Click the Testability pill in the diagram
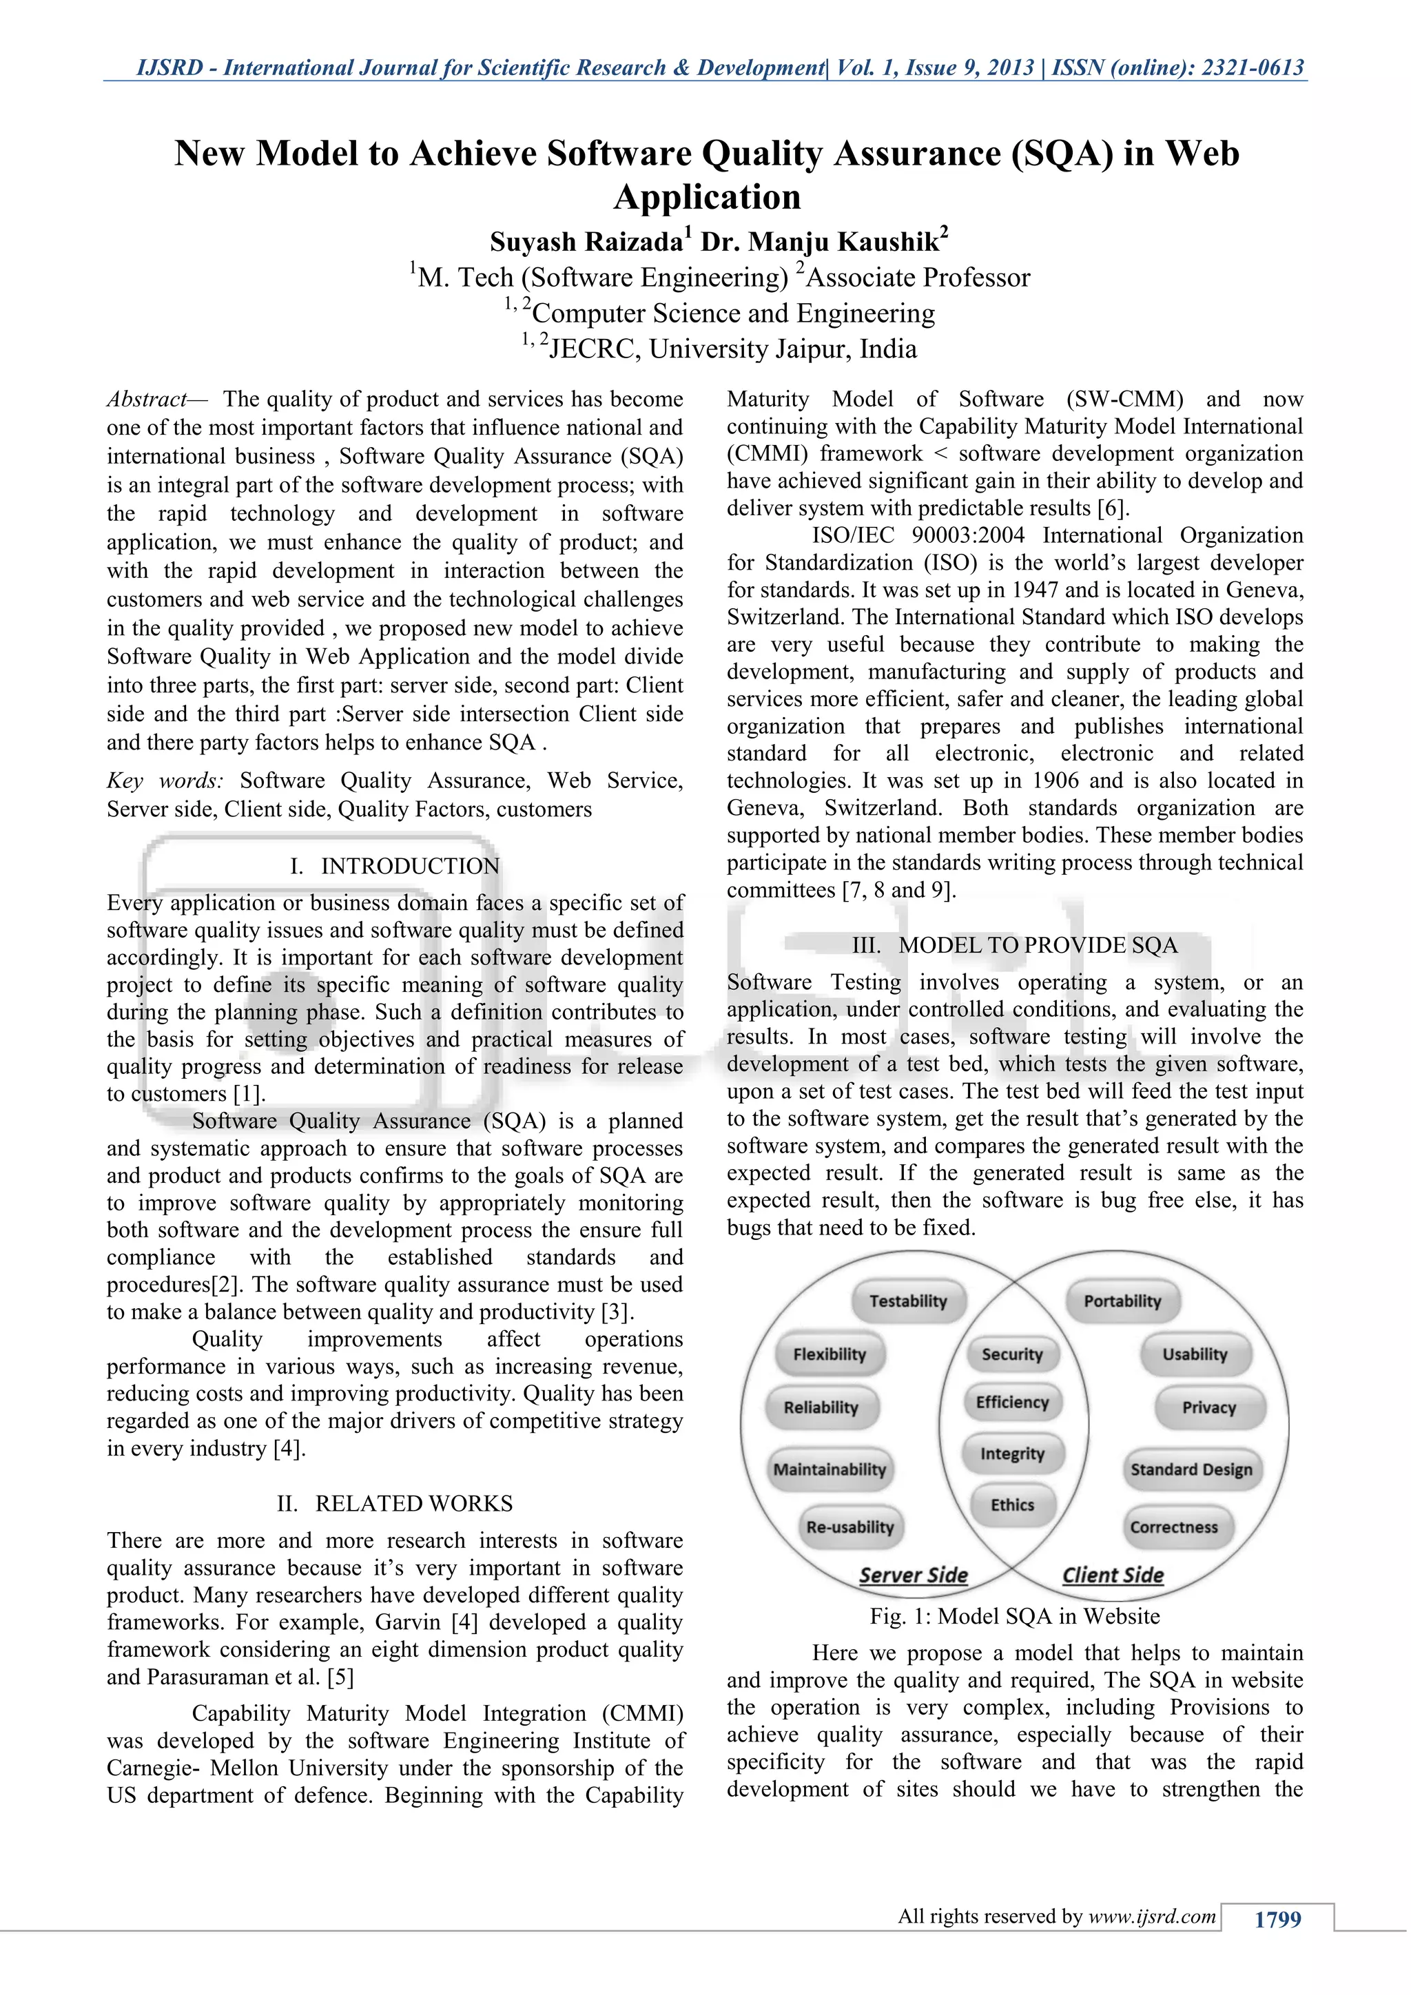[x=907, y=1301]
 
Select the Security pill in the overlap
[x=1011, y=1354]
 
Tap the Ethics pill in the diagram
[x=1012, y=1505]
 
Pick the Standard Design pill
[x=1191, y=1469]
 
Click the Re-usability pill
[x=849, y=1527]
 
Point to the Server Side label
[x=913, y=1575]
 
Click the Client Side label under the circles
[x=1112, y=1575]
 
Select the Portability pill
[x=1122, y=1301]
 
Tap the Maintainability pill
[x=829, y=1469]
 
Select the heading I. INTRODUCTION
[x=395, y=867]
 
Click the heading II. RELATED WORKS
[x=395, y=1504]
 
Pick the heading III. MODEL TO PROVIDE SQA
[x=1015, y=945]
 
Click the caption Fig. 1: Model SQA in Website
[x=1015, y=1616]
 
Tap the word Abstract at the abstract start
[x=146, y=400]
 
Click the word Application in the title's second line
[x=706, y=197]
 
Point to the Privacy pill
[x=1208, y=1407]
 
